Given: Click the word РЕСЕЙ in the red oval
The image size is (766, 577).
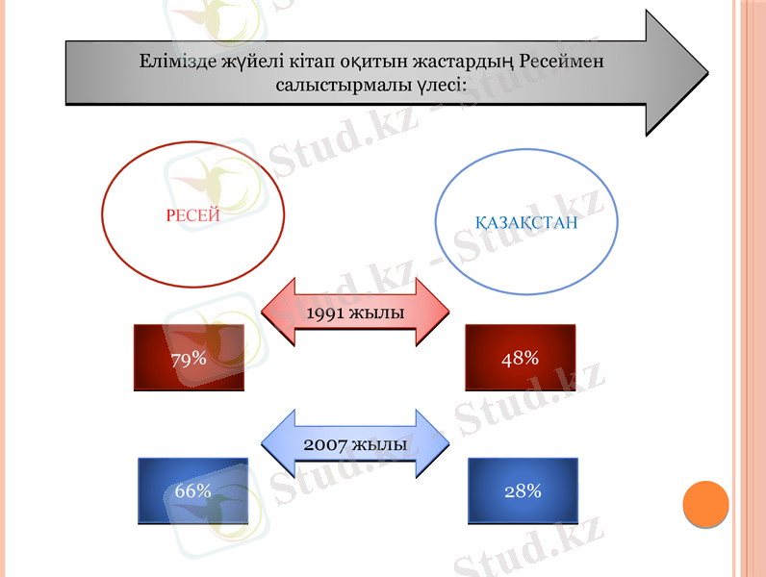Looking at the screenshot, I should (x=192, y=215).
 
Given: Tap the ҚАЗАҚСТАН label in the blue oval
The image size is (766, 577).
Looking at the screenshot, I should (x=526, y=223).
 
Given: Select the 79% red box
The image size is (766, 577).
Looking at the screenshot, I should (x=189, y=358).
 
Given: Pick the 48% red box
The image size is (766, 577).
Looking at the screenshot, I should (x=520, y=358).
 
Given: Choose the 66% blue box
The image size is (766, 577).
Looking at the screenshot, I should (x=192, y=490).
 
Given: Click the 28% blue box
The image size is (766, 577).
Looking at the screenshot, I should (x=523, y=490).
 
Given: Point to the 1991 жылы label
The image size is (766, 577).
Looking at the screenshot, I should (x=355, y=314).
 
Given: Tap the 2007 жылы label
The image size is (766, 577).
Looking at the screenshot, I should (x=355, y=445).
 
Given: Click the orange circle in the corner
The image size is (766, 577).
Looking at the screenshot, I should (x=705, y=504).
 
